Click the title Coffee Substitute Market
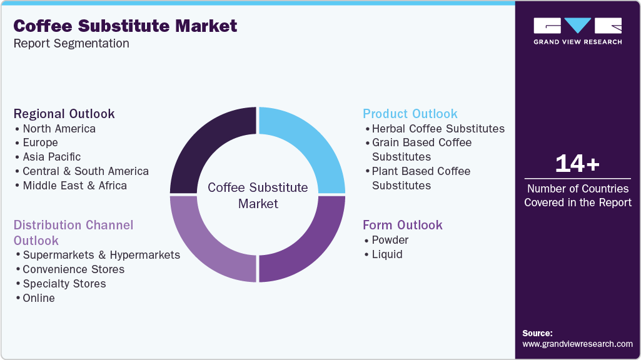[125, 26]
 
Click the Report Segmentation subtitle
[71, 44]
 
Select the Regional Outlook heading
[64, 114]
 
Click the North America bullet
[59, 129]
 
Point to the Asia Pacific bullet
[51, 157]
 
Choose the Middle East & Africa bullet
[74, 186]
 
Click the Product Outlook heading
[410, 114]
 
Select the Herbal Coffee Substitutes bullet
[438, 129]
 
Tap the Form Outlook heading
[403, 225]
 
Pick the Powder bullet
[390, 240]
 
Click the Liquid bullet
[387, 254]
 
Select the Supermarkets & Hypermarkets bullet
[101, 255]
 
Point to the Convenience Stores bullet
[73, 269]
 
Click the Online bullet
[39, 298]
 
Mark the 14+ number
[577, 164]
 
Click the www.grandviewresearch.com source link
[577, 344]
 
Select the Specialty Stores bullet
[64, 284]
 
